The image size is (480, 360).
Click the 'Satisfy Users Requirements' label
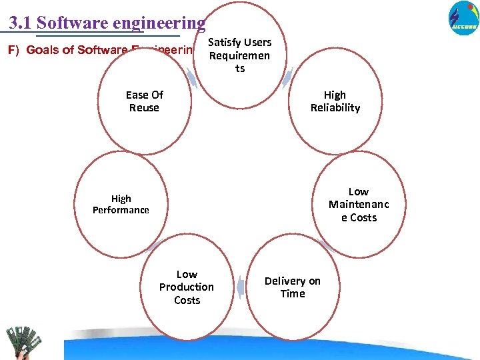tap(239, 55)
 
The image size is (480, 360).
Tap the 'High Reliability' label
tap(335, 101)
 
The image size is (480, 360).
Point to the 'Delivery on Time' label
tap(292, 287)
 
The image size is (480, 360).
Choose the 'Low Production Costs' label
tap(187, 287)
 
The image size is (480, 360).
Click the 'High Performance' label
tap(121, 204)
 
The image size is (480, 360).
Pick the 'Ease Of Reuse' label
tap(144, 101)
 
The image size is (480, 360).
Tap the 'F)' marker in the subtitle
tap(13, 50)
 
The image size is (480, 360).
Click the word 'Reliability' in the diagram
tap(335, 108)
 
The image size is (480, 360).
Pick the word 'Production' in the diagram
tap(187, 287)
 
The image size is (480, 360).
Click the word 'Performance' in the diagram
tap(121, 210)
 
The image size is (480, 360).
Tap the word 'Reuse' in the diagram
tap(144, 108)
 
